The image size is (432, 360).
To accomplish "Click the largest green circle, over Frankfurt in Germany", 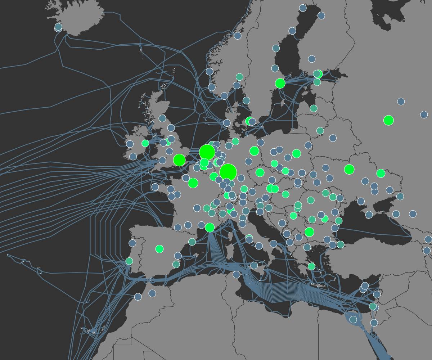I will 228,172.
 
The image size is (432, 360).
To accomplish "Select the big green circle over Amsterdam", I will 207,152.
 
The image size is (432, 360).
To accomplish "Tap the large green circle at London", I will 179,160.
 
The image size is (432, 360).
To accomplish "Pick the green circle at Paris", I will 193,183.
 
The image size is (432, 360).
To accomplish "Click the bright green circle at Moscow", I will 388,120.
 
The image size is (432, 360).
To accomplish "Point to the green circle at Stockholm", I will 280,84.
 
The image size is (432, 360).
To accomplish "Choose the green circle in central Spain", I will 159,249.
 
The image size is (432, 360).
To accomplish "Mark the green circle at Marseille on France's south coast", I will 210,228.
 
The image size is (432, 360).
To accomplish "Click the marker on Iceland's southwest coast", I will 58,27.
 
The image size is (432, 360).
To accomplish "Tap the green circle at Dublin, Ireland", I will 145,143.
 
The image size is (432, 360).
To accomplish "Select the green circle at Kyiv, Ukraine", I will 349,169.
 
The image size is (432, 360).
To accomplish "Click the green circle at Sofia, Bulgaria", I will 309,232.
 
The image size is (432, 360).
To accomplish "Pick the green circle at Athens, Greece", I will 311,266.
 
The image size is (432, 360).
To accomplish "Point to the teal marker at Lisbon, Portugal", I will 129,261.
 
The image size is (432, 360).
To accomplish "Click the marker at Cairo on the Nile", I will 353,319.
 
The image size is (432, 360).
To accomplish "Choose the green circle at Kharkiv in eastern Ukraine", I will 381,173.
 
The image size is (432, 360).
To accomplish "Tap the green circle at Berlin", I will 254,151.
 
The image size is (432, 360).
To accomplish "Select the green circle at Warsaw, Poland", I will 296,154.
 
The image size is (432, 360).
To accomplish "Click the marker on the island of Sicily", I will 254,265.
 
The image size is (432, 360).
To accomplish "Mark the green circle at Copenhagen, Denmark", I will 249,121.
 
